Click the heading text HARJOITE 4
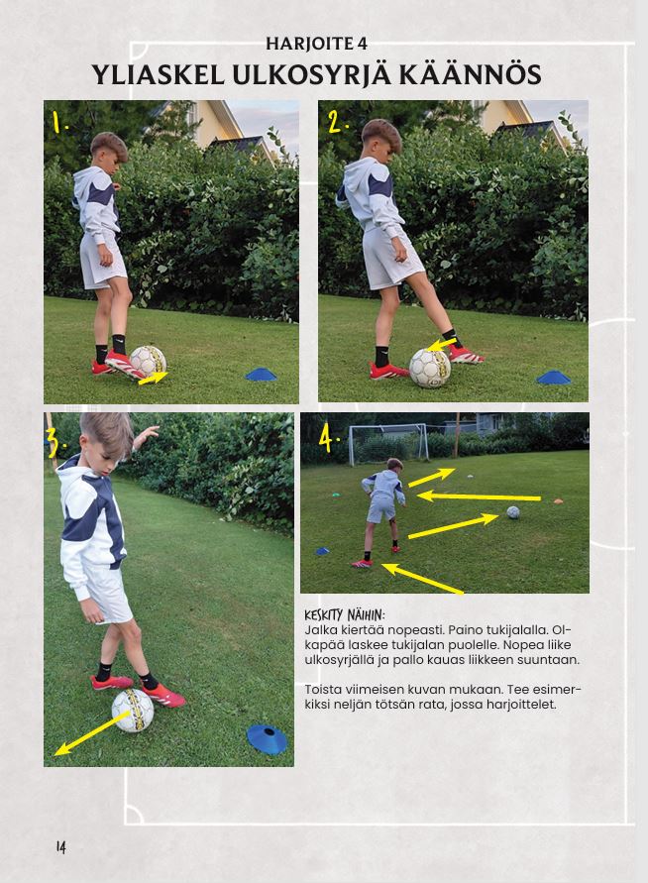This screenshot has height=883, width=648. pos(316,44)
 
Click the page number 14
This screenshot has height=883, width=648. pos(60,847)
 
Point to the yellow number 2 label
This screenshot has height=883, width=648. pos(337,121)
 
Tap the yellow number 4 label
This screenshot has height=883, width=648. pos(328,438)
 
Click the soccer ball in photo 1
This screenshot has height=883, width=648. pos(148,361)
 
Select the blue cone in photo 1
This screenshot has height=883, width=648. pos(262,374)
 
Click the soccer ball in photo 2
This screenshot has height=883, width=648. pos(430,368)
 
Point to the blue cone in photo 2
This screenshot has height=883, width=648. pos(554,378)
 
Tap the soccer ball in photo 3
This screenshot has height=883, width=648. pos(133,711)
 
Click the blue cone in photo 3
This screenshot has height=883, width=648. pos(267,739)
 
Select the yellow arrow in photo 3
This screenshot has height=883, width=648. pos(92,733)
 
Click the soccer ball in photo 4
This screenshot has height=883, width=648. pos(513,512)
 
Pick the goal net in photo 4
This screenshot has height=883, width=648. pos(388,444)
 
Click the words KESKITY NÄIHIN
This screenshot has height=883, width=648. pos(344,614)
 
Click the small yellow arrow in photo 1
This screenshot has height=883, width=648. pos(153,379)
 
